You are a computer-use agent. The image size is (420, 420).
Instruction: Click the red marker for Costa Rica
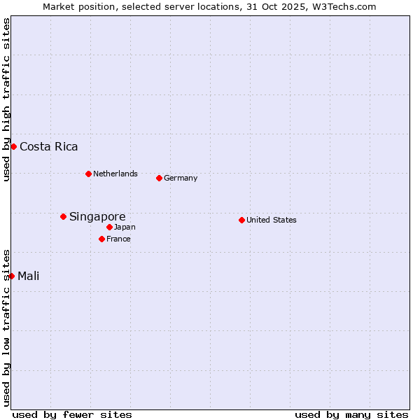(x=13, y=146)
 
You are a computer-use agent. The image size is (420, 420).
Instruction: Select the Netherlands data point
(x=88, y=174)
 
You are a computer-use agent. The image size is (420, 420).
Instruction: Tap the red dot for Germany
(x=159, y=178)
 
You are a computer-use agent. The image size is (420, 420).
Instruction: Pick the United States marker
(x=241, y=220)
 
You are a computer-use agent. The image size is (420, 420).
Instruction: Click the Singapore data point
(x=63, y=216)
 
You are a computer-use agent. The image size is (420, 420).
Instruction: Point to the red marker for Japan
(x=109, y=227)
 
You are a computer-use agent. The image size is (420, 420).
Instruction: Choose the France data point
(x=101, y=239)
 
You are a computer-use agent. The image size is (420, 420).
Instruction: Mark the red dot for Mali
(x=11, y=276)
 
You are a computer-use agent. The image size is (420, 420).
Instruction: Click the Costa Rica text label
(x=49, y=146)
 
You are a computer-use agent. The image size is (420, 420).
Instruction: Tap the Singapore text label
(x=97, y=216)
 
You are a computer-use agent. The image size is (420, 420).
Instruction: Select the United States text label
(x=272, y=220)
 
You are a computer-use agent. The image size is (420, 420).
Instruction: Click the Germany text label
(x=181, y=178)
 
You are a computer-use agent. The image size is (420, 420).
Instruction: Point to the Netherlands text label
(x=115, y=174)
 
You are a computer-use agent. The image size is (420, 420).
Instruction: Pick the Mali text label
(x=29, y=276)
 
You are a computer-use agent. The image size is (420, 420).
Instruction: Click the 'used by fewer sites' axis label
(x=72, y=414)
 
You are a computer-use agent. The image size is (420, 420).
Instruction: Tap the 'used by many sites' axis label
(x=351, y=414)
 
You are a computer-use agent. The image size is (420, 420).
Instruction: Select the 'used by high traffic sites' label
(x=6, y=99)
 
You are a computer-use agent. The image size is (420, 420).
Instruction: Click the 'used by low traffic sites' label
(x=6, y=327)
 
